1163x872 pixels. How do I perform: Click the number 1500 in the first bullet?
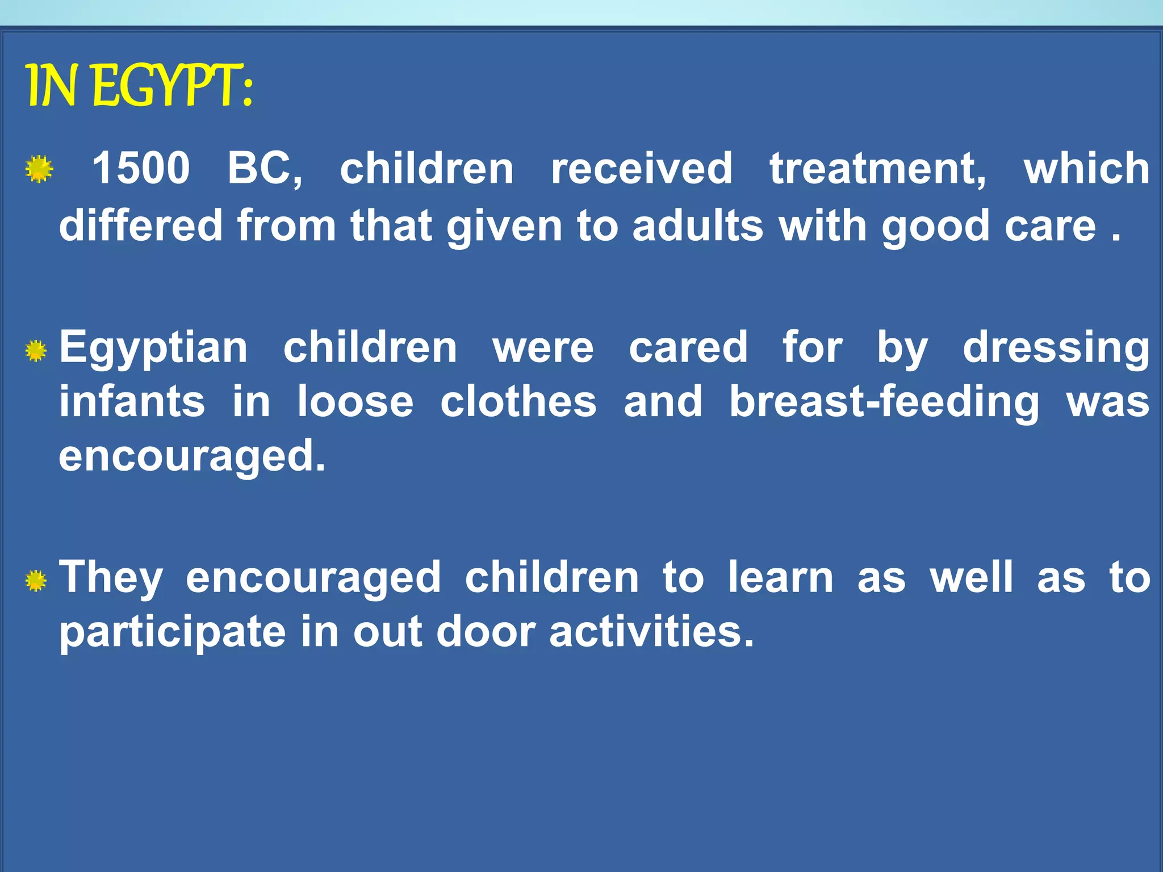click(141, 168)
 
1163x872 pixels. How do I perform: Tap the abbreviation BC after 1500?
click(265, 168)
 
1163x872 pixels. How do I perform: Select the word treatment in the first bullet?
click(878, 168)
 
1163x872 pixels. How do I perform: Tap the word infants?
click(132, 402)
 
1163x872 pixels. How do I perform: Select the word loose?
click(355, 402)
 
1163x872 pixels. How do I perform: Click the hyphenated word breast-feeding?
click(884, 402)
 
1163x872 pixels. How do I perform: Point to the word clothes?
click(518, 402)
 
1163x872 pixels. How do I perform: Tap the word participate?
click(173, 632)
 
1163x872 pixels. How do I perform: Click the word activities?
click(651, 631)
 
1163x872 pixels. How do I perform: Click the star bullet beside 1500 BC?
click(39, 169)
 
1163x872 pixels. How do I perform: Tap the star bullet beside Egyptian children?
click(36, 351)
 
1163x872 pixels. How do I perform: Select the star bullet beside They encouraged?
click(36, 581)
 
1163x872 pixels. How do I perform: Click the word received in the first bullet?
click(642, 168)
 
